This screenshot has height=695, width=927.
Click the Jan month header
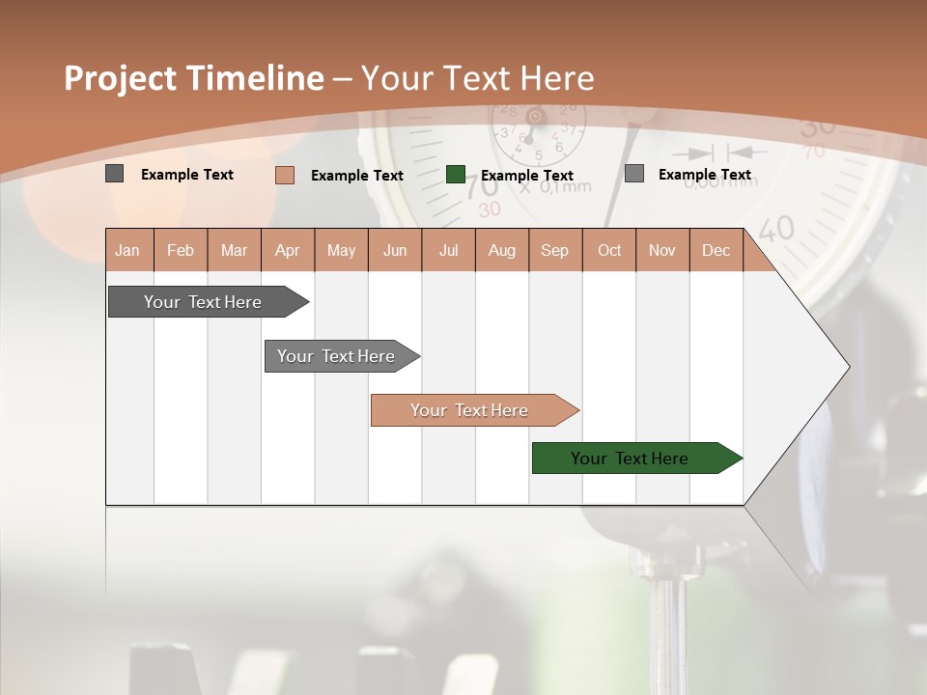point(127,250)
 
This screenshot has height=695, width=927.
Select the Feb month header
point(181,250)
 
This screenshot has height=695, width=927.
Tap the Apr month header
point(287,250)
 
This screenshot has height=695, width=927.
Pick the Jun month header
point(395,250)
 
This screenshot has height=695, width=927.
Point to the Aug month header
point(501,250)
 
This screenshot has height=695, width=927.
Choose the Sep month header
point(554,250)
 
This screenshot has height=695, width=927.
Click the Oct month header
point(609,250)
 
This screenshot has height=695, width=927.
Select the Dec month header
point(716,250)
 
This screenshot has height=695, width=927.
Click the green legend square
point(456,175)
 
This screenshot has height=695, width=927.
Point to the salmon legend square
point(284,175)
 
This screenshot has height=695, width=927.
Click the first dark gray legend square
point(114,174)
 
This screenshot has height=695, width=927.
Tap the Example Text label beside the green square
point(527,176)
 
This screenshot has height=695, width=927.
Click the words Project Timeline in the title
point(194,78)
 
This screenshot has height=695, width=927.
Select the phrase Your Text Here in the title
point(477,78)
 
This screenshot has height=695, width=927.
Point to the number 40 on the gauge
point(776,229)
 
